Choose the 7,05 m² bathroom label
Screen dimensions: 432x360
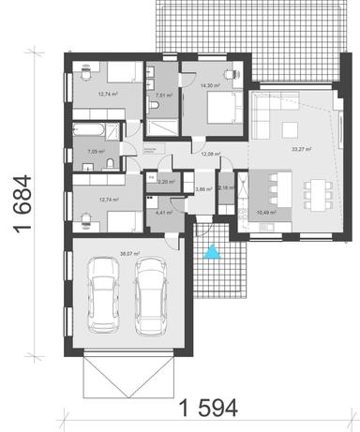point(96,150)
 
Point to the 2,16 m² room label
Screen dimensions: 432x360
point(226,188)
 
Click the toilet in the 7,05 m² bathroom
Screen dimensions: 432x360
point(110,165)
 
